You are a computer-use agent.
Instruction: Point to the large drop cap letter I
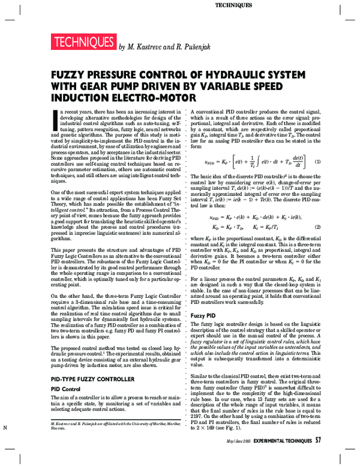pyautogui.click(x=55, y=119)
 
